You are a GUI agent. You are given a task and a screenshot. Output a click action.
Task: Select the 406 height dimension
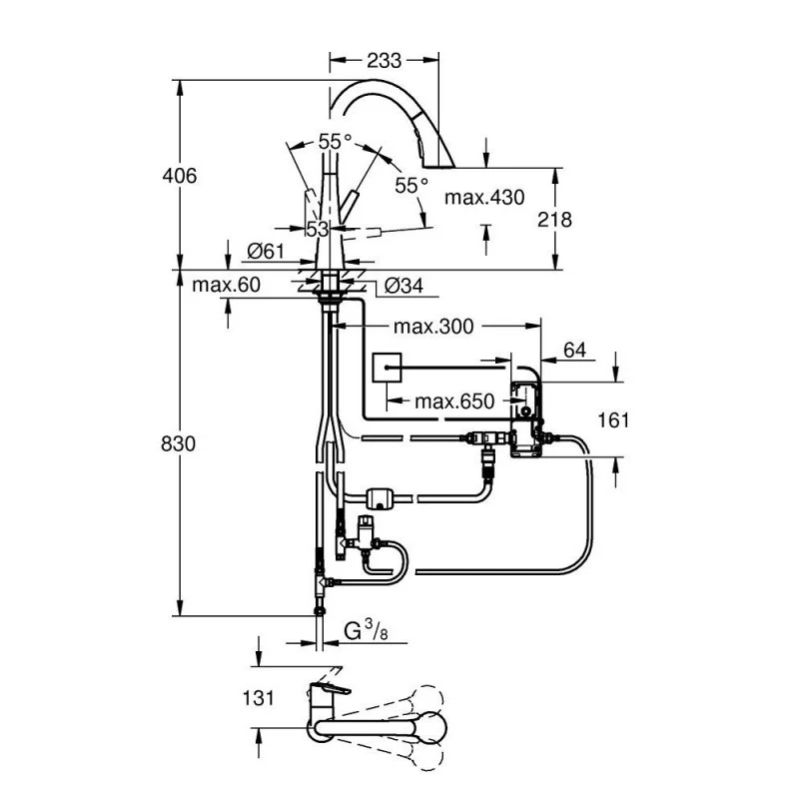180,176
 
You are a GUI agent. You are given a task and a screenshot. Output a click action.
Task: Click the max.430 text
484,198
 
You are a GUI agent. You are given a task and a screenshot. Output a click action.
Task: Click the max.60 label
227,286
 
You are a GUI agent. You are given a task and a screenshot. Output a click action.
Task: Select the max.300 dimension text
432,327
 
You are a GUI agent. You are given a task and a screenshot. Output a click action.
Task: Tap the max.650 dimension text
454,401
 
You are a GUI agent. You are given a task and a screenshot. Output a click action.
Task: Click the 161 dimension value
613,419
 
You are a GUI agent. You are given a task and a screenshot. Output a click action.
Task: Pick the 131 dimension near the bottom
259,699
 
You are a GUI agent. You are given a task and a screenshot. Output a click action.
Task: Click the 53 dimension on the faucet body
318,230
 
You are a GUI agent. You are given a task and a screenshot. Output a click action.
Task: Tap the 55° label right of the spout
410,185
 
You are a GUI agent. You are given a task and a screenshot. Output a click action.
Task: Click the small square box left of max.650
386,369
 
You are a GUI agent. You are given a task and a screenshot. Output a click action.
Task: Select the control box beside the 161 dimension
526,419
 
